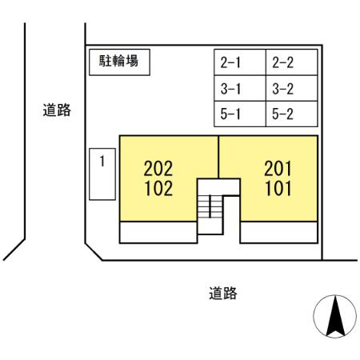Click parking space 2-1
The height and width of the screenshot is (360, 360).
(240, 62)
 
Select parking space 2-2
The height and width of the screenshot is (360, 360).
(292, 62)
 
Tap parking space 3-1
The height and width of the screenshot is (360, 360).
(240, 88)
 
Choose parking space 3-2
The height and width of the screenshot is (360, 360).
(292, 88)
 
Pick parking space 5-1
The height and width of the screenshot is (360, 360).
(240, 114)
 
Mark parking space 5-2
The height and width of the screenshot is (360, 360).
(292, 114)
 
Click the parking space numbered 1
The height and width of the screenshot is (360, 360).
(102, 174)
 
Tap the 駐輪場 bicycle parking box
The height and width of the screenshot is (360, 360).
(119, 62)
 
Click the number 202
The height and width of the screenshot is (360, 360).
(158, 169)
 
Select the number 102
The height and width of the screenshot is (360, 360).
(158, 189)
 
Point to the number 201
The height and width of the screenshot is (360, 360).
(278, 169)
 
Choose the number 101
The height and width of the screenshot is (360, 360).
(278, 189)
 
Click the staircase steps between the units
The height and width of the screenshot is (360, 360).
(210, 206)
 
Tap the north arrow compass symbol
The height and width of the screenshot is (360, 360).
(335, 316)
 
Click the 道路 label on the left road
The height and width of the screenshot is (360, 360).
(57, 110)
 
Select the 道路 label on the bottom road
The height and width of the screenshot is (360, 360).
(223, 293)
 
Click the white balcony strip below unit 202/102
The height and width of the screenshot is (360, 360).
(158, 232)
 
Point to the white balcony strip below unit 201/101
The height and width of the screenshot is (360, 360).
(279, 232)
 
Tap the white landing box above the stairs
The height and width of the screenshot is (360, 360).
(218, 187)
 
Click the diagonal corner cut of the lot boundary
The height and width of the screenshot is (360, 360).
(94, 252)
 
